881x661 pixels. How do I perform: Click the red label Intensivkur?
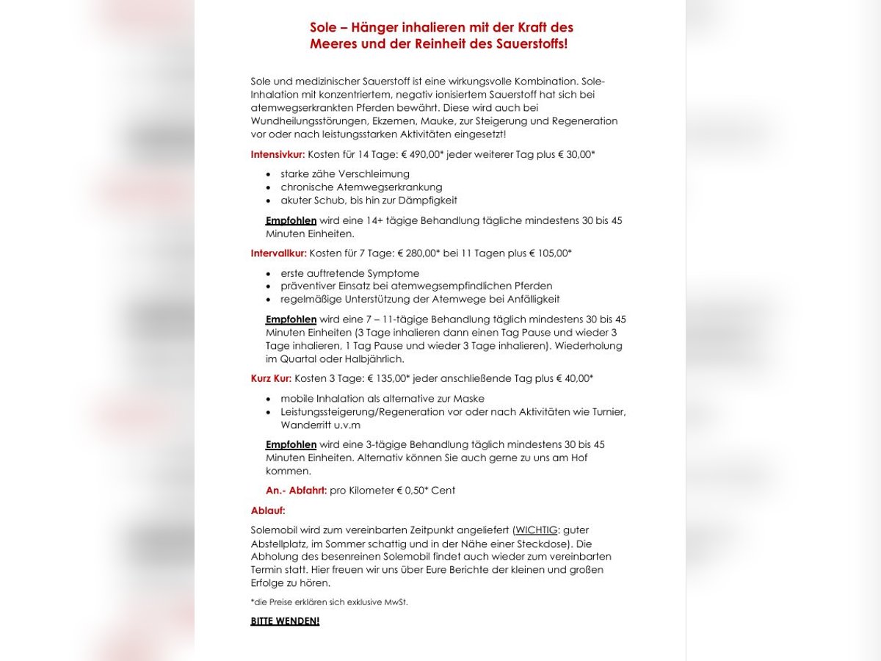click(278, 155)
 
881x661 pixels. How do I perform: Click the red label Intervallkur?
click(278, 253)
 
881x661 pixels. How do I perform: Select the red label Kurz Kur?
click(271, 379)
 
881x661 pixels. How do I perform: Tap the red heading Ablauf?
click(268, 510)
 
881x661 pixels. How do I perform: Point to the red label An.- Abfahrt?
click(296, 491)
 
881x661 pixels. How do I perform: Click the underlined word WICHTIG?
click(536, 530)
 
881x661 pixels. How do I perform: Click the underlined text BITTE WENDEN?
click(285, 621)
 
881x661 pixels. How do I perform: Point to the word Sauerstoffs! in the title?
click(531, 44)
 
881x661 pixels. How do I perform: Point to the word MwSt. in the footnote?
click(395, 602)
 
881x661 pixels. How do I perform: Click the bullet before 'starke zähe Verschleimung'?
click(269, 175)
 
